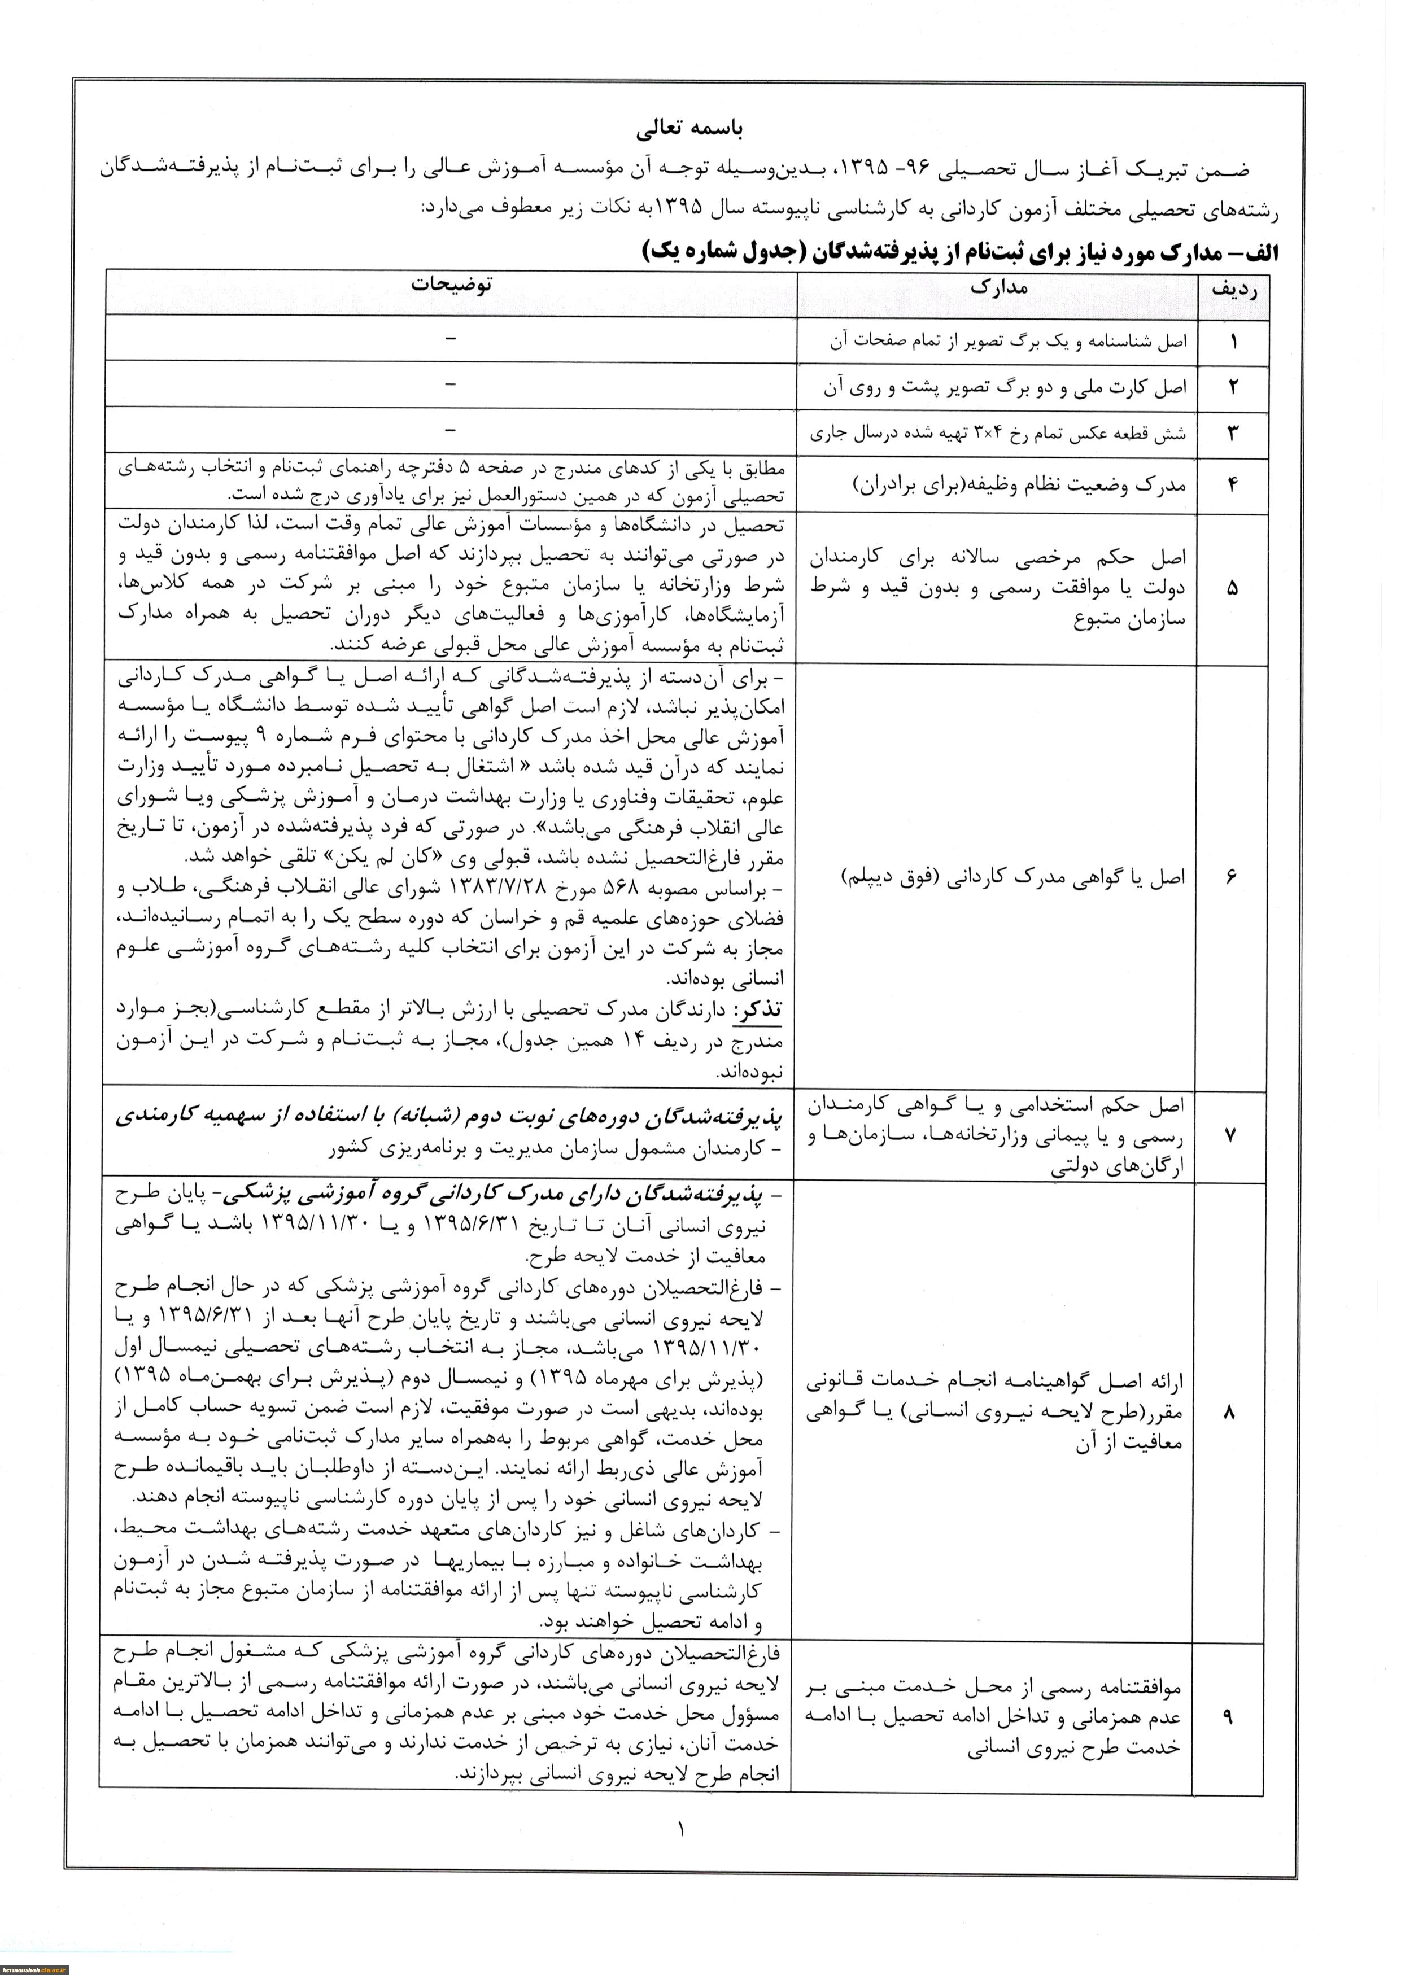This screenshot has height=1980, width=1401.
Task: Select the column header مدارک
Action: click(x=999, y=287)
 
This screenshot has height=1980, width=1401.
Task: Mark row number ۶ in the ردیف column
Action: click(x=1231, y=877)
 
